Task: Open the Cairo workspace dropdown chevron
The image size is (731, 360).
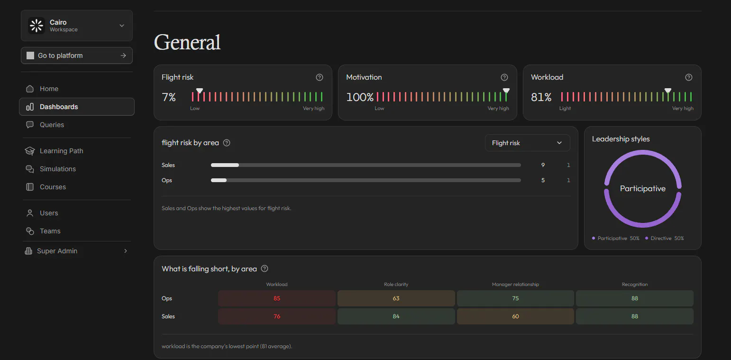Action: click(x=122, y=26)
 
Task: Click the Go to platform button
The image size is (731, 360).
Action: click(x=77, y=55)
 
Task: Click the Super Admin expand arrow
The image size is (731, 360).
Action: click(x=126, y=250)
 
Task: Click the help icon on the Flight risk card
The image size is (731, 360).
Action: click(x=320, y=77)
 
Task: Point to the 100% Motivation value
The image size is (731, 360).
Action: click(x=360, y=97)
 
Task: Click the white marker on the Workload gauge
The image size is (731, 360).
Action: click(x=668, y=91)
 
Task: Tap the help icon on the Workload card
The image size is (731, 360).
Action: click(x=689, y=77)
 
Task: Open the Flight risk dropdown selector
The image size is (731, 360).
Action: click(x=527, y=143)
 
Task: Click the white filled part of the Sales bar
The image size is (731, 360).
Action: click(x=225, y=165)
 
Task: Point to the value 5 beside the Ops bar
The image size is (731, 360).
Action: click(x=543, y=180)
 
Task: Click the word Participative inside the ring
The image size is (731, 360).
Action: click(x=642, y=188)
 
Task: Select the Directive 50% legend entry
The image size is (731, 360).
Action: click(x=665, y=238)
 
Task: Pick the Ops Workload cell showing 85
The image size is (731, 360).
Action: click(x=277, y=298)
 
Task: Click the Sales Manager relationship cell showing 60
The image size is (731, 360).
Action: click(x=515, y=316)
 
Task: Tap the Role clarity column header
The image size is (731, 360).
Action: click(x=396, y=284)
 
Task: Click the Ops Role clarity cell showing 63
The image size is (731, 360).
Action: click(x=396, y=298)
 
